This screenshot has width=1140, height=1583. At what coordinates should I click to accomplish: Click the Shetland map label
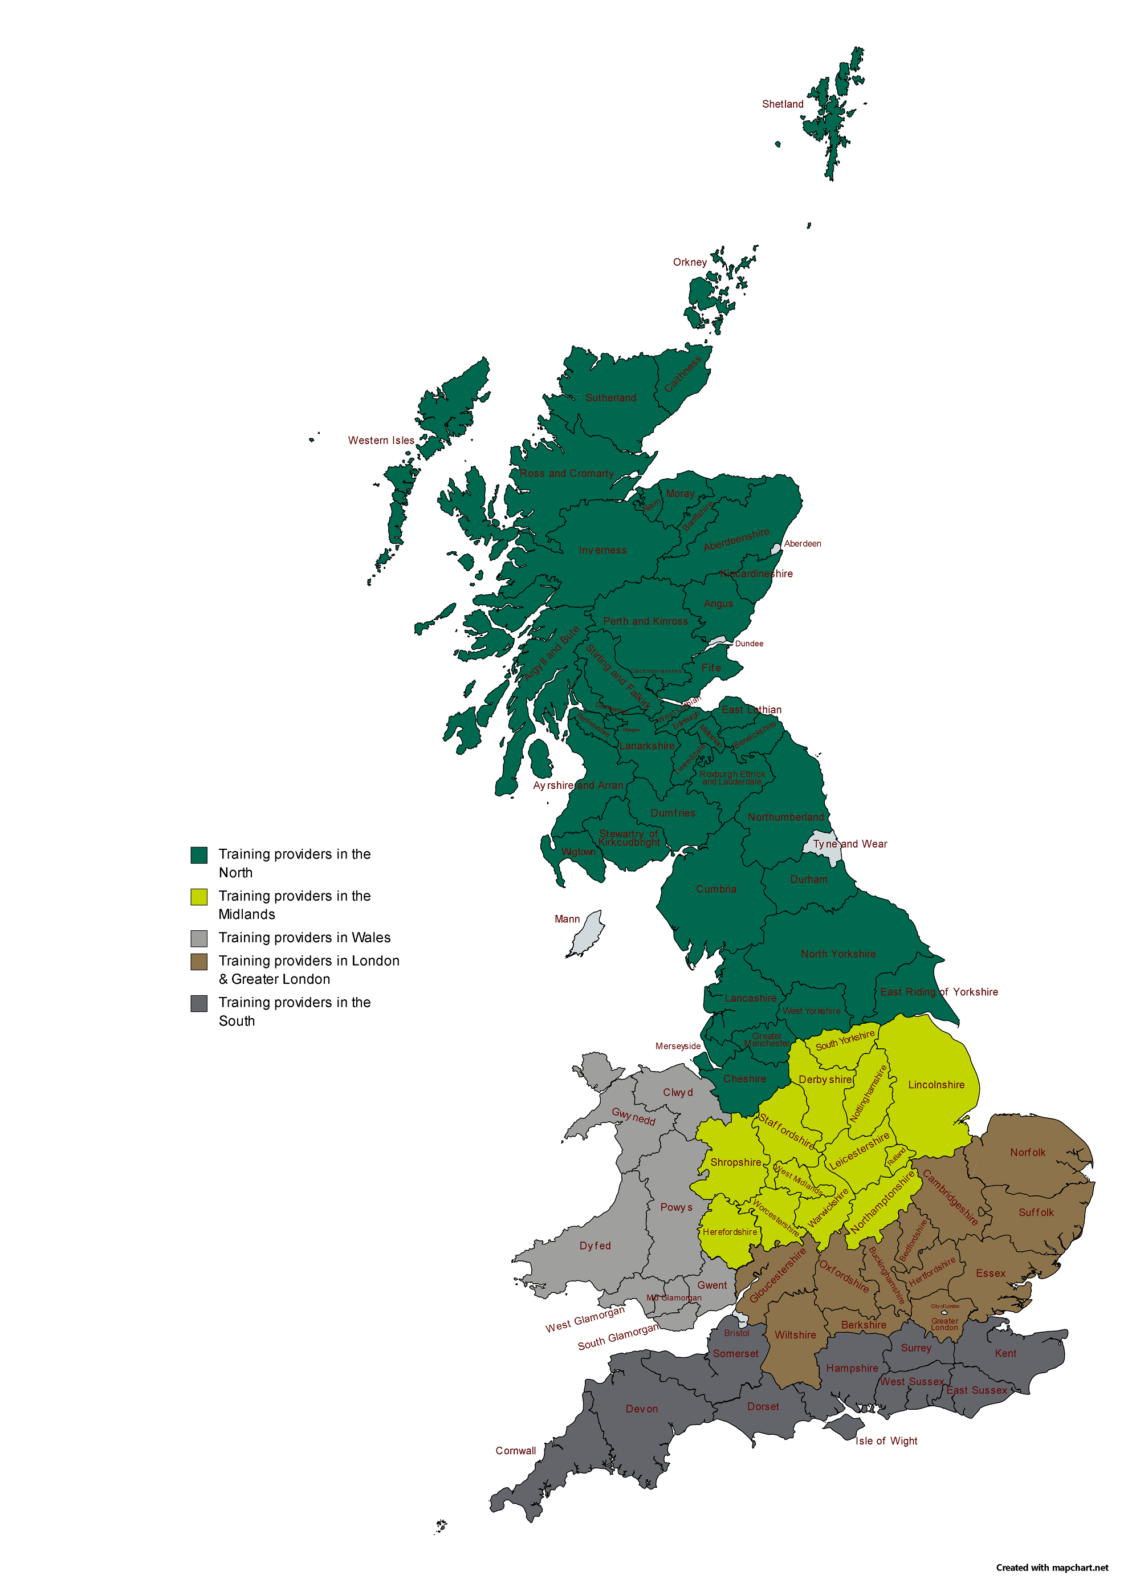(x=782, y=104)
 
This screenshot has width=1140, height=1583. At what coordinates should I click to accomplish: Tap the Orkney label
(x=689, y=262)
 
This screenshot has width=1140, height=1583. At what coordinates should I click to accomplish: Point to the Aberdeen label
(x=802, y=544)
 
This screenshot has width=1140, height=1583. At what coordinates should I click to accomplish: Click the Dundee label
(x=748, y=644)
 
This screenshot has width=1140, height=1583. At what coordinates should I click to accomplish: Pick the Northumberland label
(x=785, y=817)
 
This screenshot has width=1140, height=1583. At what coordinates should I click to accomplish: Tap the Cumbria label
(x=715, y=889)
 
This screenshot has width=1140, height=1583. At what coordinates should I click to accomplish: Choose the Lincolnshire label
(x=935, y=1085)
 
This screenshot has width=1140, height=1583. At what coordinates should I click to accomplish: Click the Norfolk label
(x=1027, y=1153)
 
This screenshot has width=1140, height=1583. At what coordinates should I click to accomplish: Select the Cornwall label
(x=515, y=1450)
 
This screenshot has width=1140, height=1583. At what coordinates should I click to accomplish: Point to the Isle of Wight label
(x=886, y=1440)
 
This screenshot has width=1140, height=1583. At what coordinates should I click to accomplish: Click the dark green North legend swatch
(x=199, y=855)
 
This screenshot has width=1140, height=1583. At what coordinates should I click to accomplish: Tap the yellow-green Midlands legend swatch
(x=199, y=897)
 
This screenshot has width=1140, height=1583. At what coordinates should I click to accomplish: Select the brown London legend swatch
(x=199, y=962)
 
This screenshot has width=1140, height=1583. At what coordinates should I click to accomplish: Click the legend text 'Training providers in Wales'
(x=304, y=937)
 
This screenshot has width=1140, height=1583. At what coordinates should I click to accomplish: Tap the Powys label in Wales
(x=677, y=1207)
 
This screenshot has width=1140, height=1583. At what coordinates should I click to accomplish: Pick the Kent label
(x=1005, y=1353)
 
